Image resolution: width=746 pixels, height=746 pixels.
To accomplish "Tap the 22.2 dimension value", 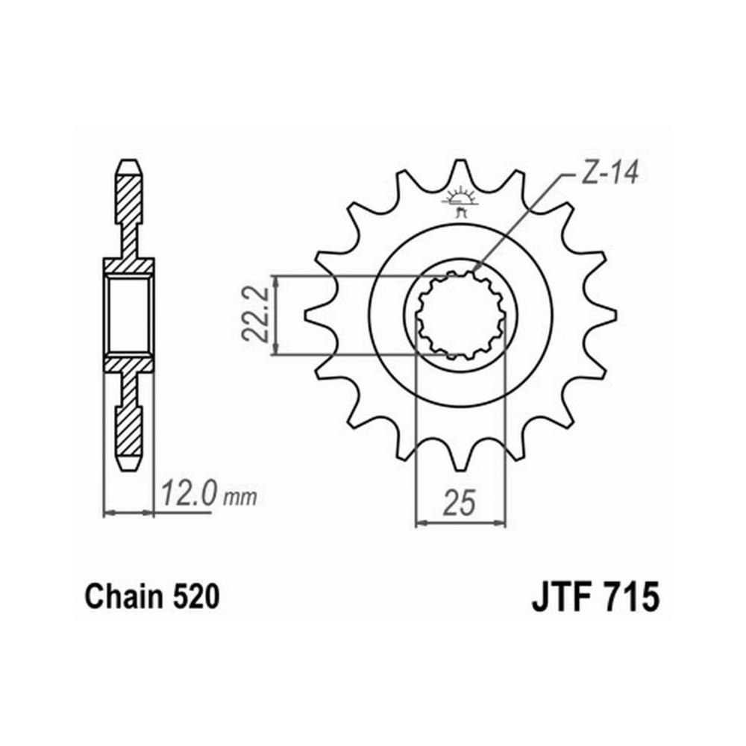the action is click(255, 314).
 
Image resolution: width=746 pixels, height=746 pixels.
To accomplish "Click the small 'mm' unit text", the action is click(240, 498).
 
